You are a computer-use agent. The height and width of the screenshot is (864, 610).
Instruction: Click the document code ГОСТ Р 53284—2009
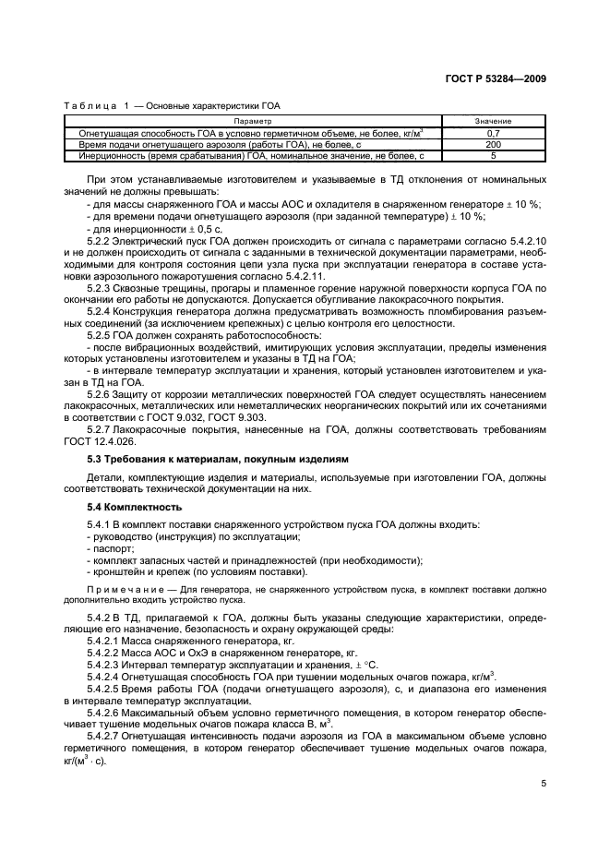pyautogui.click(x=494, y=81)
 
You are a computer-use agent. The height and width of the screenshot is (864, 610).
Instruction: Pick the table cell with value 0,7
pyautogui.click(x=494, y=134)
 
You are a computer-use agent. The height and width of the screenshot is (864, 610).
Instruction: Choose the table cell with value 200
pyautogui.click(x=494, y=145)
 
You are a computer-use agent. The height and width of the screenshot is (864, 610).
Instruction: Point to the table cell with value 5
pyautogui.click(x=494, y=156)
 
